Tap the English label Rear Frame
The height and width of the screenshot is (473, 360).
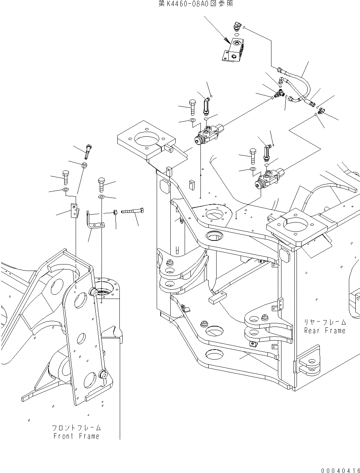(x=325, y=331)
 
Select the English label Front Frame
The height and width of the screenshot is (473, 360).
(x=76, y=436)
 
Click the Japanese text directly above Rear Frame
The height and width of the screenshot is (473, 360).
(x=325, y=322)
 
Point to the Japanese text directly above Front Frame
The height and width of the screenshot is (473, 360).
(x=76, y=428)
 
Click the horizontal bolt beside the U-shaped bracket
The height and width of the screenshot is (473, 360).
(x=133, y=211)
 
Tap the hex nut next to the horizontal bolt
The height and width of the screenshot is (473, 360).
(x=115, y=212)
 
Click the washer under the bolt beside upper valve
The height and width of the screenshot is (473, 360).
(x=192, y=120)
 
